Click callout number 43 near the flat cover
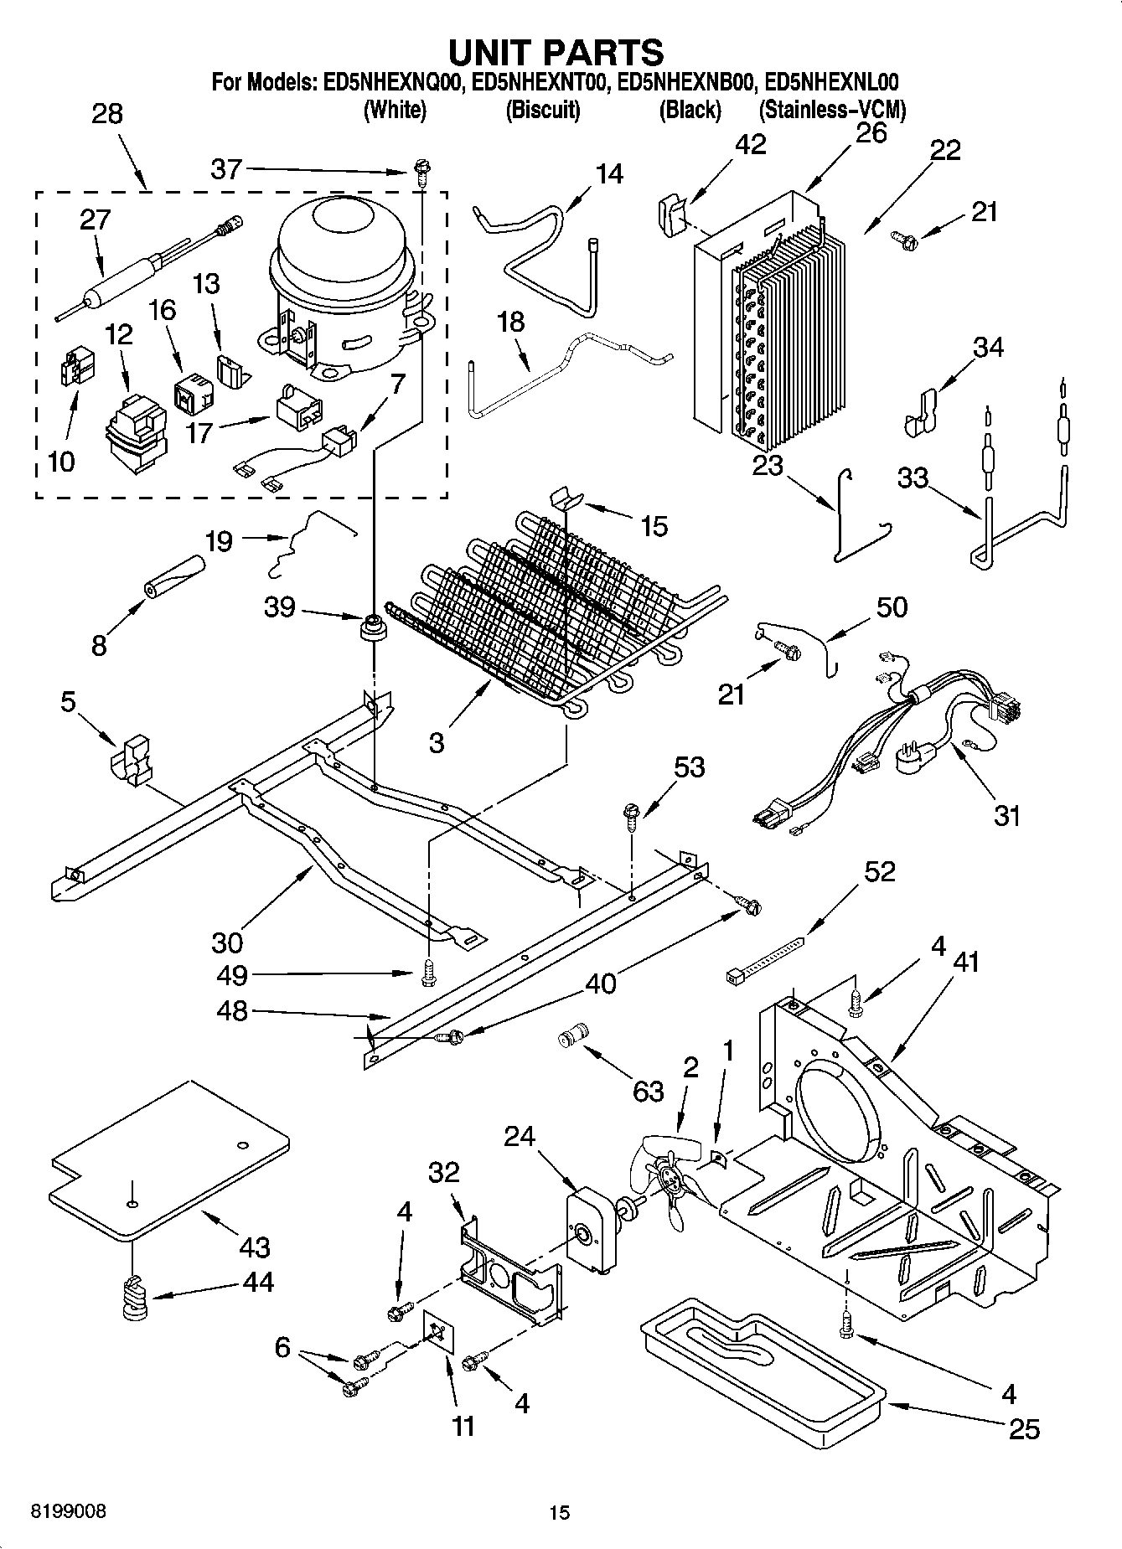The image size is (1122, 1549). click(254, 1247)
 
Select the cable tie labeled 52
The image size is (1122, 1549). click(763, 960)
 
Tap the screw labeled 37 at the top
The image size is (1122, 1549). click(420, 173)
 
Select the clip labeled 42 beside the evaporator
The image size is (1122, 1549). click(670, 214)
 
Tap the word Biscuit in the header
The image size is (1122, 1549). click(543, 110)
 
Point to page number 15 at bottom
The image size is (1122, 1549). click(560, 1512)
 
